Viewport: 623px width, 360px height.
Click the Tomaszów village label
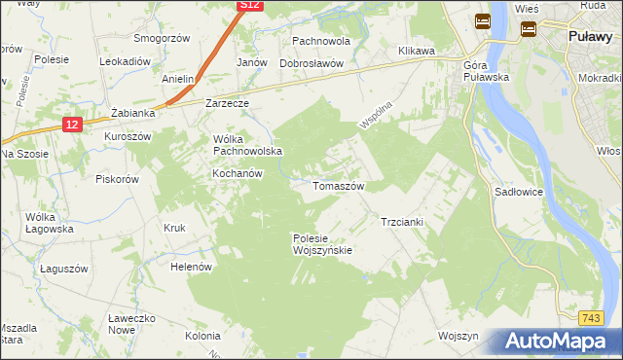click(x=338, y=186)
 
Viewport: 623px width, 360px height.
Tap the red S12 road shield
click(x=249, y=6)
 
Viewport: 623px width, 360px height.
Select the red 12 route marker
click(x=73, y=125)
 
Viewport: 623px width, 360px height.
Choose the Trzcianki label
click(x=401, y=222)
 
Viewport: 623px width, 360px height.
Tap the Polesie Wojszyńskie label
click(x=321, y=243)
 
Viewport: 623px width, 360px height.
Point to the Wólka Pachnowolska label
click(x=247, y=145)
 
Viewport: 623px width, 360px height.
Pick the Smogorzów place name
click(x=162, y=38)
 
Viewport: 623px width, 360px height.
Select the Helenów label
click(x=191, y=267)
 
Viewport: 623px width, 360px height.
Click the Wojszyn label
click(x=459, y=336)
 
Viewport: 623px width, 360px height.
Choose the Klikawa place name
click(x=416, y=50)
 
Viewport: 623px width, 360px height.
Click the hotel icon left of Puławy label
click(x=529, y=29)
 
